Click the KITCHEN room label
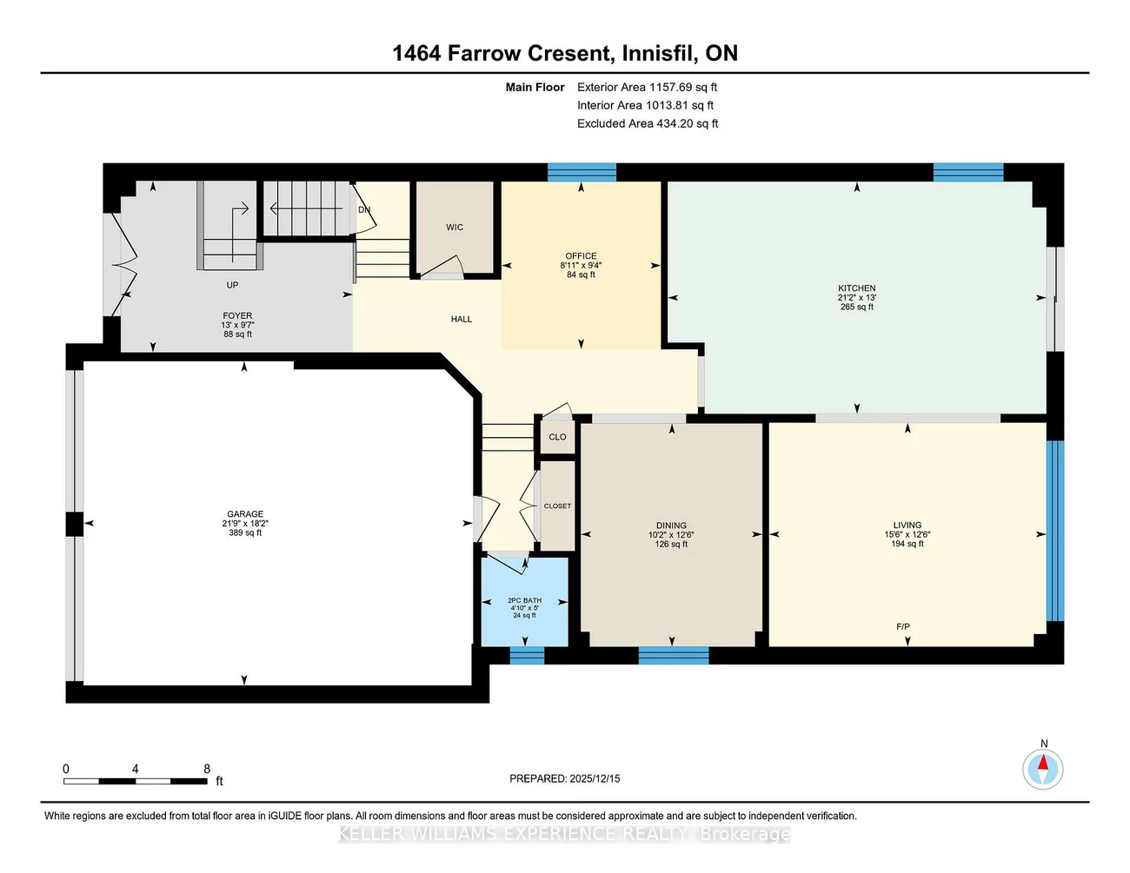(856, 288)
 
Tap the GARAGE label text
(245, 514)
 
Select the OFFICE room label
(581, 256)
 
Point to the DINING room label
(671, 526)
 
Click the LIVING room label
(907, 526)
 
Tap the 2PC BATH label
(524, 600)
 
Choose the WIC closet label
(455, 228)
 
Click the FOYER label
(237, 316)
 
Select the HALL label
(462, 320)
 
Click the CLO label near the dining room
(557, 437)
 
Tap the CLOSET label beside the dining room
(557, 506)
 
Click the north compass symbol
(1042, 769)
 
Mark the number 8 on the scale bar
(207, 769)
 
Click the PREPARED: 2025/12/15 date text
(564, 779)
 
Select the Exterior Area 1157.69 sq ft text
(647, 87)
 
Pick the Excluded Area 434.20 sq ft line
(648, 123)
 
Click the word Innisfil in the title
(658, 53)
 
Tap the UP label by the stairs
(232, 285)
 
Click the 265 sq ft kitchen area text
(856, 307)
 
